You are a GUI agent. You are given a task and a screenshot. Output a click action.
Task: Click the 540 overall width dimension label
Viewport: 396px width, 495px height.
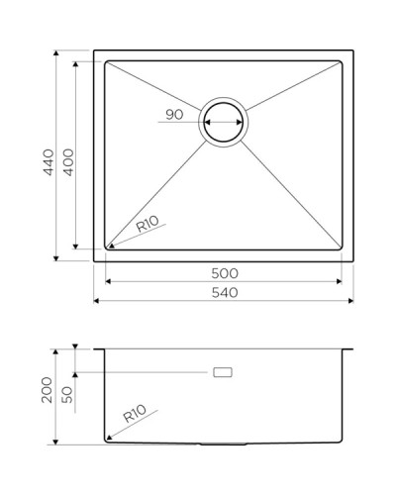[224, 294]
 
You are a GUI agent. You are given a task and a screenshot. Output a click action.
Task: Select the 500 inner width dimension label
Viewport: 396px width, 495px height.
[224, 272]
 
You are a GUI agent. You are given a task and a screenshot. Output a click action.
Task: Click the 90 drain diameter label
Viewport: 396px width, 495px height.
[174, 115]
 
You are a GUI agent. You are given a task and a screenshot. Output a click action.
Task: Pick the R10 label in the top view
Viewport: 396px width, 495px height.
[148, 226]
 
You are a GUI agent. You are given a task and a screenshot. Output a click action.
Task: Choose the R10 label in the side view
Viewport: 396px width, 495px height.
[135, 414]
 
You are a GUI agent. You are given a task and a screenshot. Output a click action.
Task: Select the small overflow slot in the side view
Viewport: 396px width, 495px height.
[225, 371]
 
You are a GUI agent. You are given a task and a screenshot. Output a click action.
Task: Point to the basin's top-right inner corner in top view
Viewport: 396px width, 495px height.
[342, 61]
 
